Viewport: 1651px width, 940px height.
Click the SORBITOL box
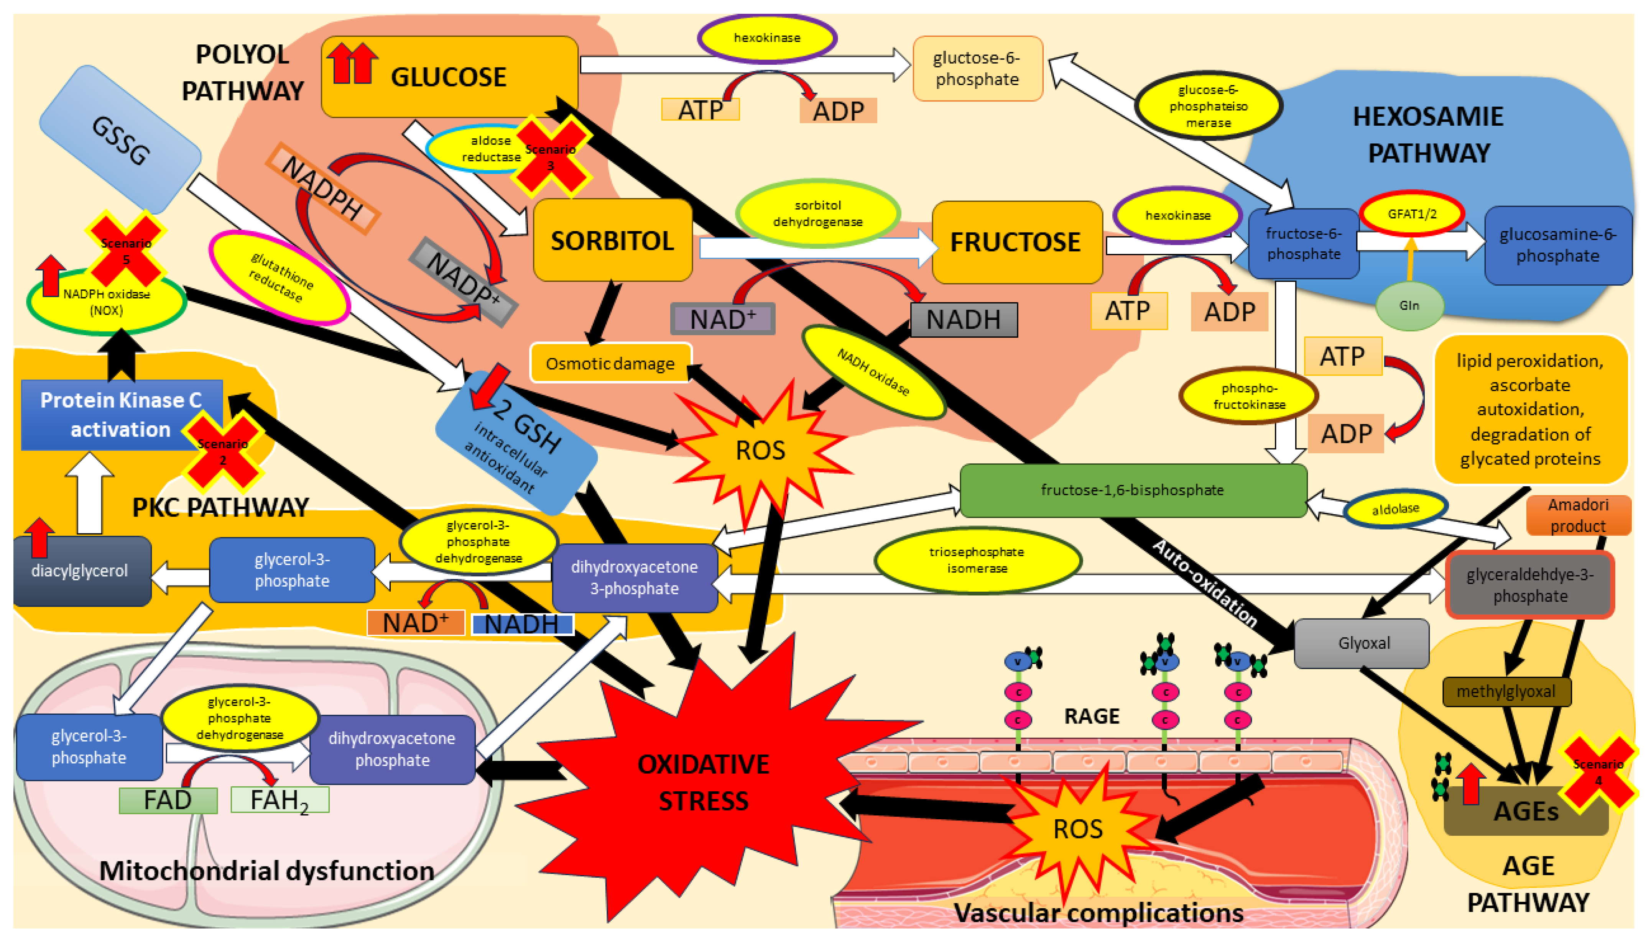(x=612, y=240)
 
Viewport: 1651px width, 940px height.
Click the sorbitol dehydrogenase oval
(x=817, y=213)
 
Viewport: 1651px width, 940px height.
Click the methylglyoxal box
(x=1506, y=691)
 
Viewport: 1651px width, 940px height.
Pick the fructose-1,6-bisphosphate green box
(x=1132, y=490)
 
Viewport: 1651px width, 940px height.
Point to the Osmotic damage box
(x=610, y=364)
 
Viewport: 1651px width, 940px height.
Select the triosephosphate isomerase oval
(x=977, y=560)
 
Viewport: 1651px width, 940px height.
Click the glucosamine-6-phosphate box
(x=1557, y=245)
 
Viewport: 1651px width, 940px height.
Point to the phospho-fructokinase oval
(x=1248, y=396)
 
